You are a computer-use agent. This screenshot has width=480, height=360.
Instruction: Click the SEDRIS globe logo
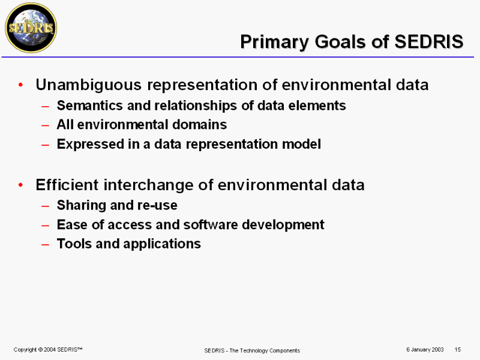(31, 28)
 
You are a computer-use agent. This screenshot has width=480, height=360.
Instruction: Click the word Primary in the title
(275, 42)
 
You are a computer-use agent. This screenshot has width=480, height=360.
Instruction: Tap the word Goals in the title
(340, 41)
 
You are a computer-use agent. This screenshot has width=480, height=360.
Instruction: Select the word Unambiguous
(89, 85)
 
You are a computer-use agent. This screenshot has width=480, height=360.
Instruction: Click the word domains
(199, 125)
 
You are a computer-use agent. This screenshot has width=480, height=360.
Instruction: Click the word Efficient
(67, 185)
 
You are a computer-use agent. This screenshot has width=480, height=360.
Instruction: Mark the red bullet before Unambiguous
(20, 85)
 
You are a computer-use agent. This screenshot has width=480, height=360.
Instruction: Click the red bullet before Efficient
(20, 185)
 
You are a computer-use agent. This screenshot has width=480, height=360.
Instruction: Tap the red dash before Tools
(46, 245)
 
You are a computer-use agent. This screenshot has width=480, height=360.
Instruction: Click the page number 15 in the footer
(458, 349)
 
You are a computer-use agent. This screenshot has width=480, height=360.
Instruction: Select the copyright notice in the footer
(48, 350)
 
